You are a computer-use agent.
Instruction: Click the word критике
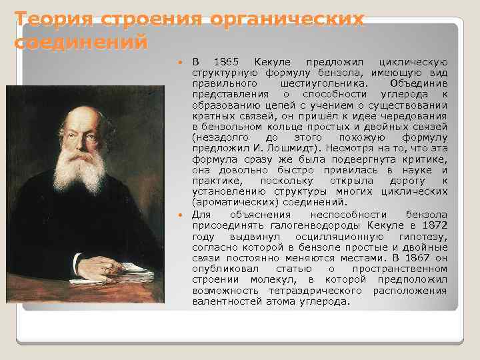pos(423,159)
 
